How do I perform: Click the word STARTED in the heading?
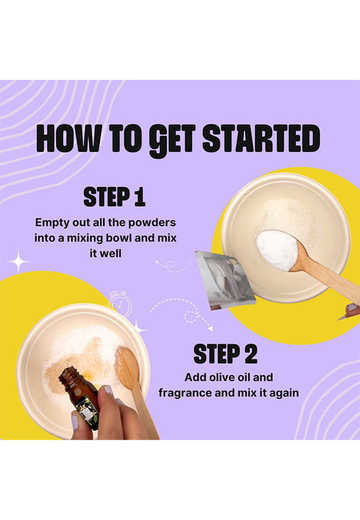(x=261, y=138)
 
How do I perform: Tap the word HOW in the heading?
(x=68, y=138)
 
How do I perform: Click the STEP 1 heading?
(x=115, y=197)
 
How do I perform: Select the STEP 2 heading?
(x=226, y=354)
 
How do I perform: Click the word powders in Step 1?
(x=152, y=223)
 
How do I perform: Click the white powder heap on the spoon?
(x=277, y=250)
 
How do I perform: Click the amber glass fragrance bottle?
(x=80, y=395)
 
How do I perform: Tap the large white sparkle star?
(x=19, y=262)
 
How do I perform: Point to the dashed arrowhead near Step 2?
(x=210, y=328)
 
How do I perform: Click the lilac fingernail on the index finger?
(x=108, y=390)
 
